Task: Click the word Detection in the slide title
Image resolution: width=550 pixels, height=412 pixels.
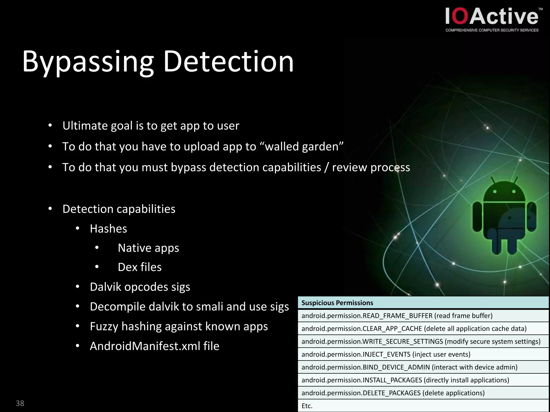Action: (x=229, y=62)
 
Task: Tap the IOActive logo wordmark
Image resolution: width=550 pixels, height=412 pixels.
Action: (x=492, y=17)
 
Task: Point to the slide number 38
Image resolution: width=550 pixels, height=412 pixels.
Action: (x=20, y=403)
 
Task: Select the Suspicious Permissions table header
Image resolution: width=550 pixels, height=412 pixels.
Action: (x=337, y=303)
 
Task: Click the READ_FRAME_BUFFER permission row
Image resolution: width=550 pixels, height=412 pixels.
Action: (x=397, y=316)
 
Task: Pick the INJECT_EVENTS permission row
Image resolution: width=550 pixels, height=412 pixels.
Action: (x=386, y=354)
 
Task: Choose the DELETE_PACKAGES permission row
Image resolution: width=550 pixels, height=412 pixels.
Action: (x=393, y=393)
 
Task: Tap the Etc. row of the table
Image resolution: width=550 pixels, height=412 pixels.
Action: (x=307, y=406)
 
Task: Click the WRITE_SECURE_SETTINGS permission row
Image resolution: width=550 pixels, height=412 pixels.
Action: (x=421, y=341)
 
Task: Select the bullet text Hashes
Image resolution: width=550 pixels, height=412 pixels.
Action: (x=108, y=229)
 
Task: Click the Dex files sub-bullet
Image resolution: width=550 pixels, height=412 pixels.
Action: (x=140, y=267)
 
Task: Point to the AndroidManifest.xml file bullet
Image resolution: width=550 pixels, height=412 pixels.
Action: (x=154, y=346)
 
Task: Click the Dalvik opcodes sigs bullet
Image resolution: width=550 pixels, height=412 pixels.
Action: (x=140, y=287)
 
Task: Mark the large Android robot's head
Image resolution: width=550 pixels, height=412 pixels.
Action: (x=504, y=192)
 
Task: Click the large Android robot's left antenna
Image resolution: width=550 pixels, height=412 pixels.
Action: (x=493, y=180)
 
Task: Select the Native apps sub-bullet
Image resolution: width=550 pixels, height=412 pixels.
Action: (x=148, y=248)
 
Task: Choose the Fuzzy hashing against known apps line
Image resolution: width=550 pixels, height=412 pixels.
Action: (x=179, y=326)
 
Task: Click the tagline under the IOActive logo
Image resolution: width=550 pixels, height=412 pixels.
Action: (x=492, y=30)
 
